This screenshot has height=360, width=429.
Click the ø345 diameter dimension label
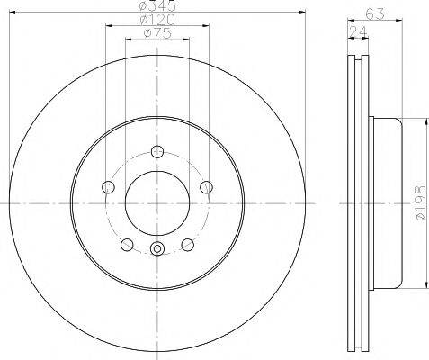(x=158, y=4)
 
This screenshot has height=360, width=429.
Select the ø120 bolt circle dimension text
(x=157, y=20)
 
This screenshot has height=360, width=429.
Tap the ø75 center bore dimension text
(x=157, y=33)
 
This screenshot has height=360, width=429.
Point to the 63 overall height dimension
(x=375, y=13)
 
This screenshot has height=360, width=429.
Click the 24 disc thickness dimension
(x=358, y=31)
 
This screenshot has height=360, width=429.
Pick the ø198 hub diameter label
(x=421, y=202)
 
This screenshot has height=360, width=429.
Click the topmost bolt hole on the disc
(x=157, y=151)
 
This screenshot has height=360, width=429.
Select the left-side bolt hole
(x=108, y=187)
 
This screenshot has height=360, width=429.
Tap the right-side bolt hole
(x=207, y=187)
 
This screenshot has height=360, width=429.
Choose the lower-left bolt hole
(x=127, y=245)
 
